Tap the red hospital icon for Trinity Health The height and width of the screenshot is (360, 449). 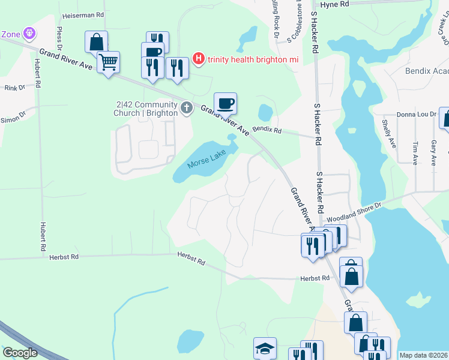(199, 59)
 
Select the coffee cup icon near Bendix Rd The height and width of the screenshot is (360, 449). (225, 103)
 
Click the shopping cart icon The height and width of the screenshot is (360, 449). (108, 62)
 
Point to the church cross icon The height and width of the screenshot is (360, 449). (186, 108)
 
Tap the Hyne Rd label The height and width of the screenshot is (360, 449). (334, 4)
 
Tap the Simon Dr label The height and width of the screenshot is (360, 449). (13, 116)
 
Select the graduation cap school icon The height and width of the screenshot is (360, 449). (265, 349)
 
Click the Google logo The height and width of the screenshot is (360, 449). (20, 353)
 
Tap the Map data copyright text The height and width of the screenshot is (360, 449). (423, 355)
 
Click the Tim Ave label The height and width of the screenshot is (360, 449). (415, 153)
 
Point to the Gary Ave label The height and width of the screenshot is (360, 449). (433, 153)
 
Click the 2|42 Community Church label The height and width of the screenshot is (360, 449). (147, 108)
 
